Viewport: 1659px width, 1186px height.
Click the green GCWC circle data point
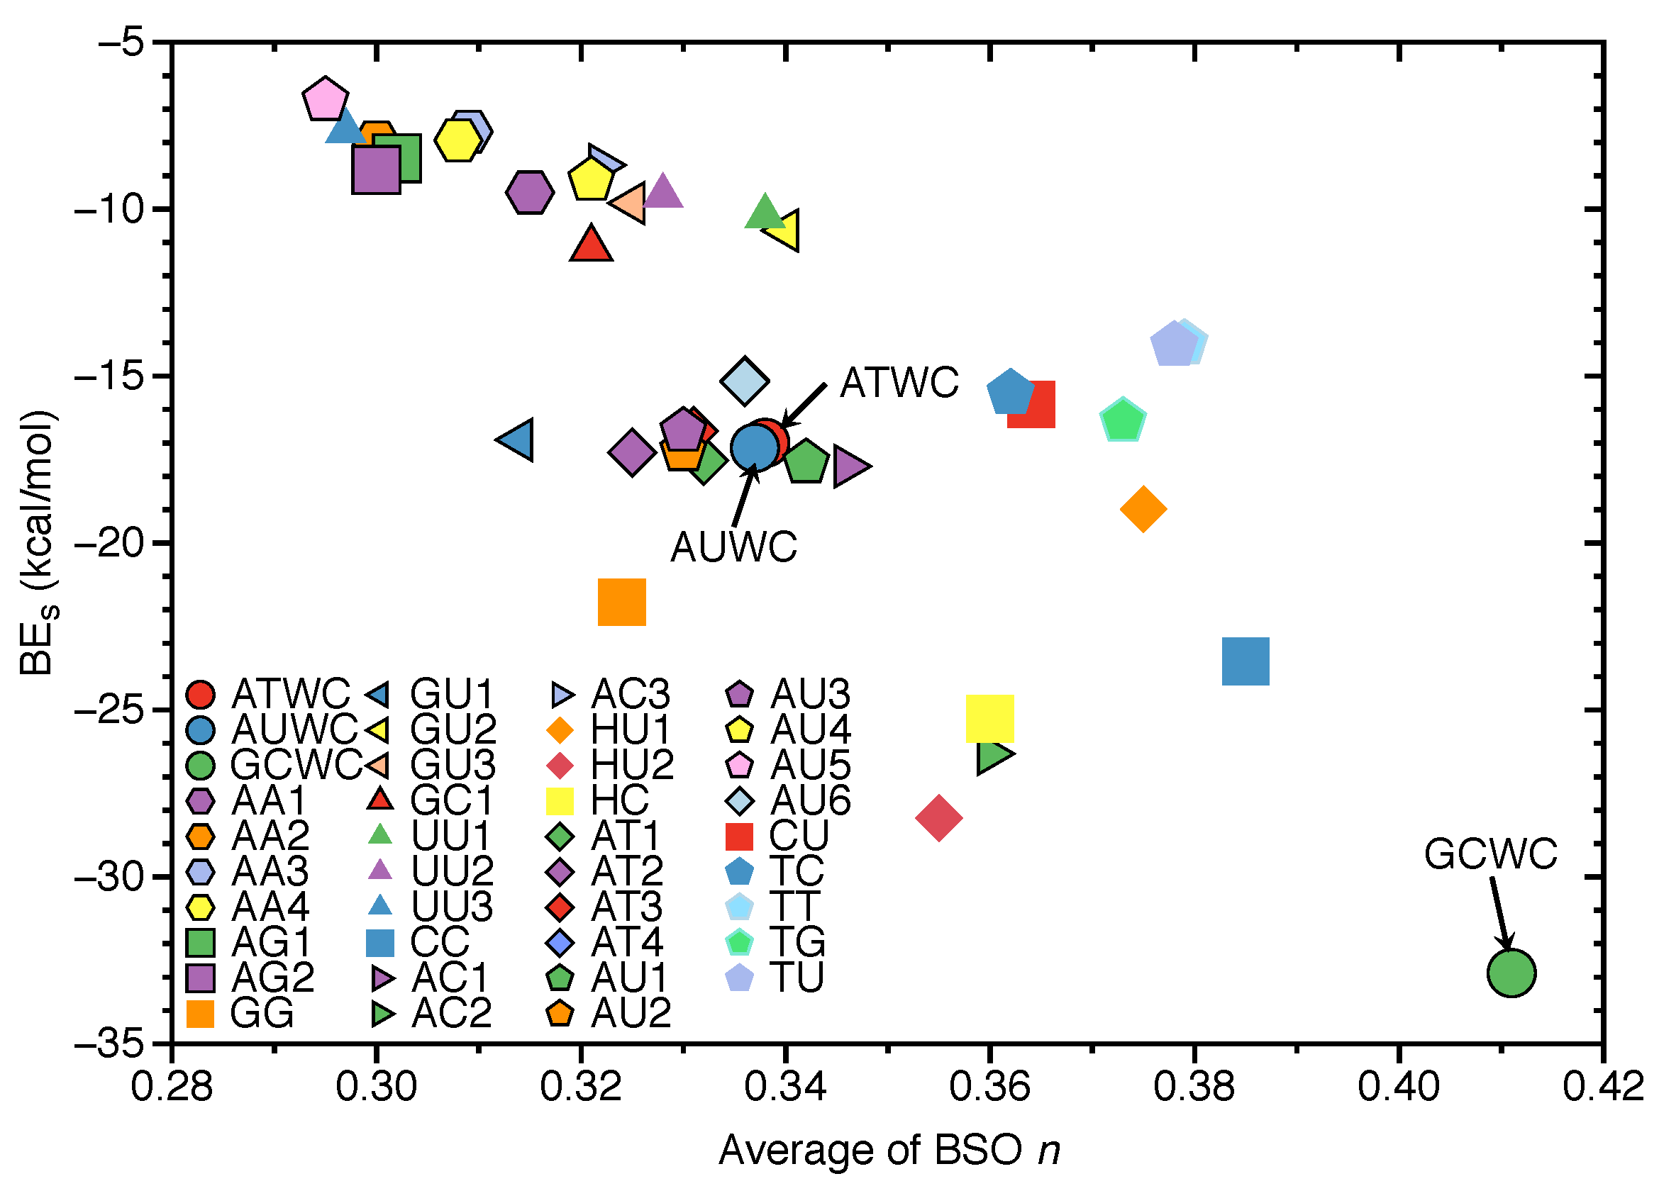[x=1511, y=973]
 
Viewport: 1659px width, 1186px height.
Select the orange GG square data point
[x=621, y=602]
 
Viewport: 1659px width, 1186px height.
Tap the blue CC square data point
[x=1245, y=661]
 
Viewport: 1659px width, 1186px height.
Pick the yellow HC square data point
[x=989, y=719]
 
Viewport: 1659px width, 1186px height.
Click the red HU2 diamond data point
[x=938, y=818]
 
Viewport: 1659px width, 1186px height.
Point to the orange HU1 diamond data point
[x=1143, y=508]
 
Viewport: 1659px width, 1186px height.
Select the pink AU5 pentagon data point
[x=324, y=99]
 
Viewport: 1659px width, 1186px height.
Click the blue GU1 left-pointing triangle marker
[x=517, y=440]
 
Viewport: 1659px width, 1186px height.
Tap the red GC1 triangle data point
[x=590, y=245]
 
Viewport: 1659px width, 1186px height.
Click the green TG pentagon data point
[x=1122, y=420]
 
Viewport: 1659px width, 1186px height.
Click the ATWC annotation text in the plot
[x=899, y=382]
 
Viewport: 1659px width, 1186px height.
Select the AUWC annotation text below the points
[x=733, y=547]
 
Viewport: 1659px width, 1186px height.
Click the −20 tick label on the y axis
[x=109, y=542]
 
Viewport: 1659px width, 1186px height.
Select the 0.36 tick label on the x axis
[x=989, y=1085]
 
